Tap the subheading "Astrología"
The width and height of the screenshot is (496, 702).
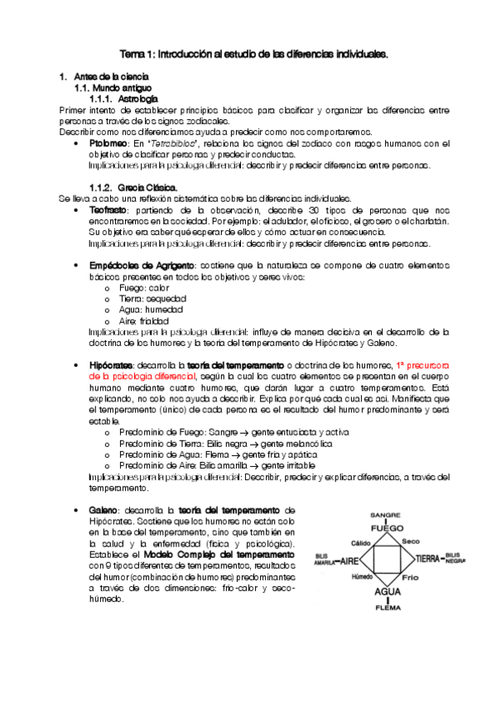point(137,99)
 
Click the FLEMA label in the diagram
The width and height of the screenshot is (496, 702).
point(387,608)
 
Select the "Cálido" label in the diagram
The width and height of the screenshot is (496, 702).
point(361,543)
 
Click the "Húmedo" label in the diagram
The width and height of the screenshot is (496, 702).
point(363,576)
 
